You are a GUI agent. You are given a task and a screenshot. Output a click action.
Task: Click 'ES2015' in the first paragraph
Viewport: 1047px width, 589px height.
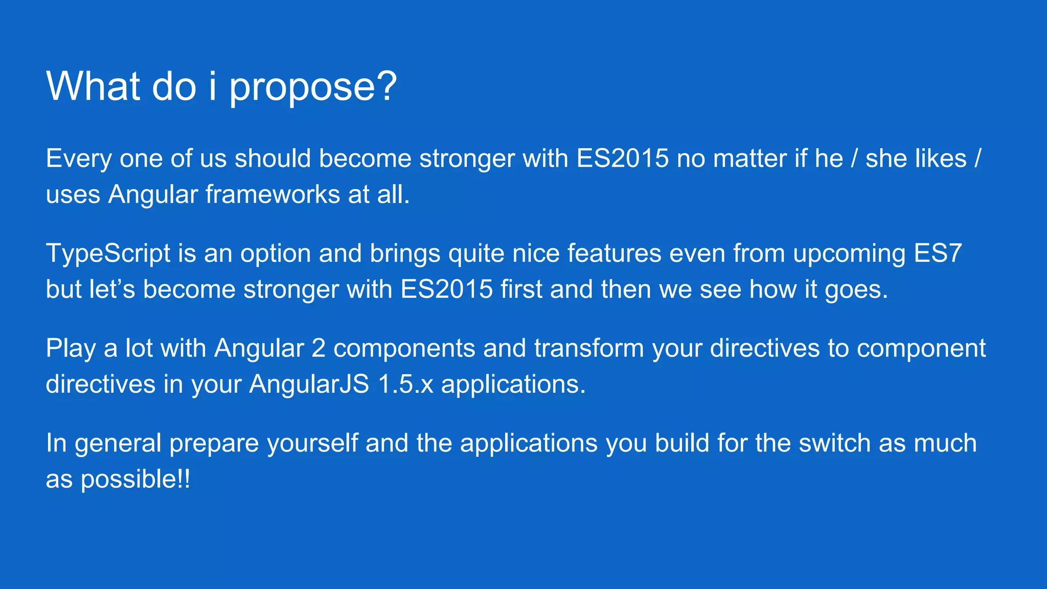[622, 158]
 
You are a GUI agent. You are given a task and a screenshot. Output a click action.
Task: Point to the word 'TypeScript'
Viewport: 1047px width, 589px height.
[108, 254]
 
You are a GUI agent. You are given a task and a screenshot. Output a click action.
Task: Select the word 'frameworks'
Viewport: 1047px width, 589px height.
[272, 195]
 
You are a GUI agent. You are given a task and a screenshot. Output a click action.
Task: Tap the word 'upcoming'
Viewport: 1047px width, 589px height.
[849, 254]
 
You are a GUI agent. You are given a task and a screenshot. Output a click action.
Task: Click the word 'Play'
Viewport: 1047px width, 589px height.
[71, 349]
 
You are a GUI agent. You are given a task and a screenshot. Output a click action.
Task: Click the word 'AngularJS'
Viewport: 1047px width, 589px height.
[309, 384]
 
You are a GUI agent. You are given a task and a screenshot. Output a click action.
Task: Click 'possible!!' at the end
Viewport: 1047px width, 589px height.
[135, 480]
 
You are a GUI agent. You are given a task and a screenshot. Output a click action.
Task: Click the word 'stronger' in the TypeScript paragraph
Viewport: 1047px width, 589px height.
[291, 290]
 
